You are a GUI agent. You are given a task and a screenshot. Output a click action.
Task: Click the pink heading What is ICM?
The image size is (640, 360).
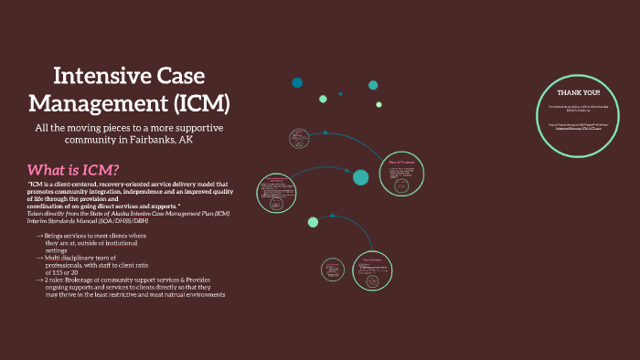coord(73,170)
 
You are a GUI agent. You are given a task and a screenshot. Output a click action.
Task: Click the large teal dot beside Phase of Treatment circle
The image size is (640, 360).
coord(360,177)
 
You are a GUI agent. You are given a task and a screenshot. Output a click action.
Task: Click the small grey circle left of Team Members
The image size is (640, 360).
coord(333,270)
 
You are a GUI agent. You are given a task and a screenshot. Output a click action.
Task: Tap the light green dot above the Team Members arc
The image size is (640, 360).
coord(313,222)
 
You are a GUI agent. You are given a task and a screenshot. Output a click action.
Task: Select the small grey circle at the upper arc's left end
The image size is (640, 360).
coord(298,138)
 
